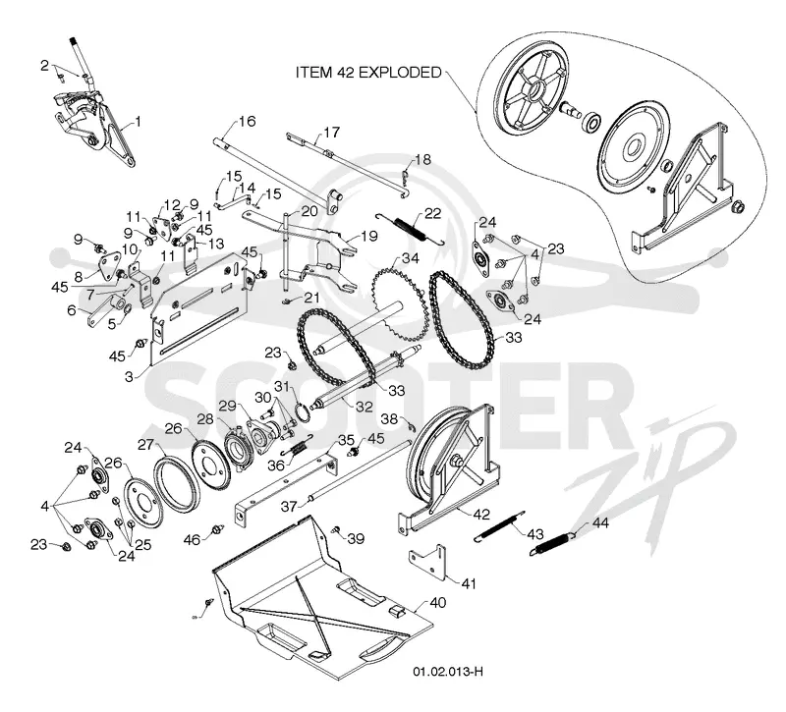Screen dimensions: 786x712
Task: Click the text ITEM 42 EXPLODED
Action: [x=368, y=73]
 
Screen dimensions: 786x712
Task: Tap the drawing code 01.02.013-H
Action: [x=448, y=672]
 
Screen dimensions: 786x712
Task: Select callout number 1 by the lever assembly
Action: [x=138, y=121]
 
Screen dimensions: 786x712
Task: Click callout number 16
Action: [x=248, y=121]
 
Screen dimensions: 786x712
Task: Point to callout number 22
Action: [x=432, y=213]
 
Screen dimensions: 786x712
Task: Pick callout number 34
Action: [x=411, y=258]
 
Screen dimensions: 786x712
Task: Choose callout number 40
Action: [x=437, y=602]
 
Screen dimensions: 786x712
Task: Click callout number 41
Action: [x=469, y=583]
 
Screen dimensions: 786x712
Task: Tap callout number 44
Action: [x=600, y=522]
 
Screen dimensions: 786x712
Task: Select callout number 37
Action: [x=289, y=506]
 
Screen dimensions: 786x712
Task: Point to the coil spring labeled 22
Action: [x=410, y=229]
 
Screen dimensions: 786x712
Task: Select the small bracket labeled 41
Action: [x=428, y=562]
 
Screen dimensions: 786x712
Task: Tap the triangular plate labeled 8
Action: [x=109, y=264]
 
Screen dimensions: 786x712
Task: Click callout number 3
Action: [x=129, y=376]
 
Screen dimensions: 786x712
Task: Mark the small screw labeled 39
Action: [x=336, y=529]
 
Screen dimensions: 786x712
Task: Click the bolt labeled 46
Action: [x=217, y=529]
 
